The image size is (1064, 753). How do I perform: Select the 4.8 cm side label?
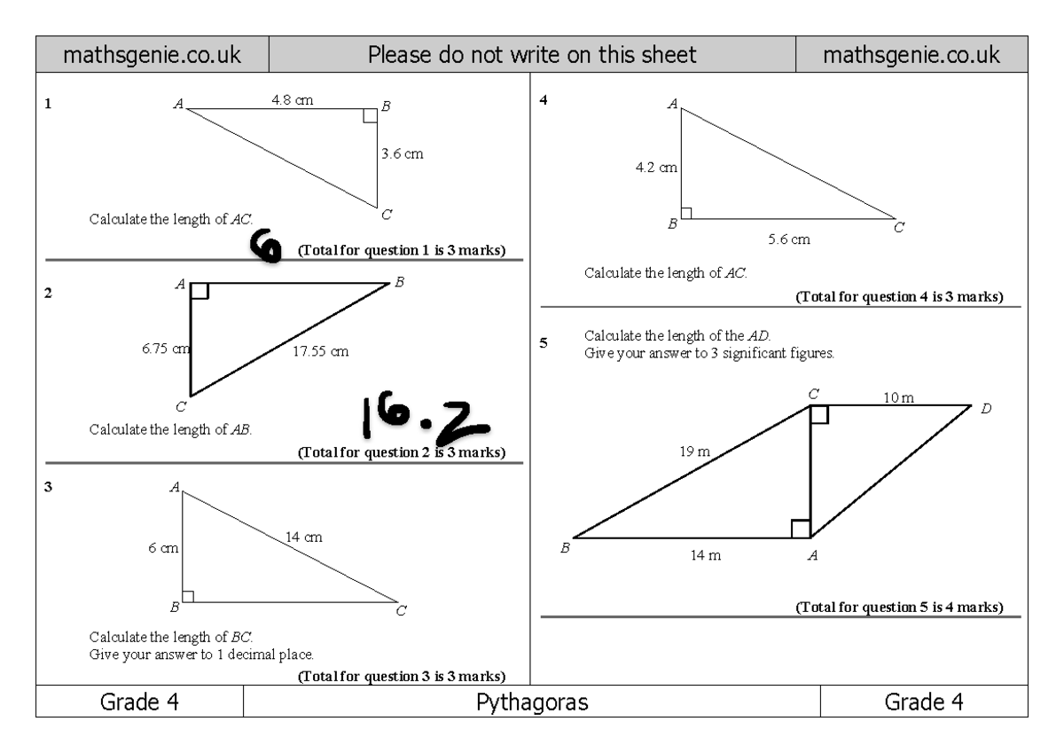(x=292, y=100)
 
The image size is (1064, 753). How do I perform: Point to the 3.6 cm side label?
(x=402, y=153)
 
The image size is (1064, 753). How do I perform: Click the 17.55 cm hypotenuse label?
(x=320, y=351)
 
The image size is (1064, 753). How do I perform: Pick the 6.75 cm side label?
(x=166, y=349)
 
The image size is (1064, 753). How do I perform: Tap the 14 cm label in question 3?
(x=303, y=537)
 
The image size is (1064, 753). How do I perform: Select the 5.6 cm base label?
(x=788, y=239)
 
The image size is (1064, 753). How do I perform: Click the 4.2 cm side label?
(x=656, y=167)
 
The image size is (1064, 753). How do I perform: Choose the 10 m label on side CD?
(x=898, y=397)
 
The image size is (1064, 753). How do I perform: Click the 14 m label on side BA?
(x=705, y=556)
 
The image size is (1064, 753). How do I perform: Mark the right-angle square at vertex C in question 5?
(x=819, y=414)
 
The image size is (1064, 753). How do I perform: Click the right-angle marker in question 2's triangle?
(x=199, y=291)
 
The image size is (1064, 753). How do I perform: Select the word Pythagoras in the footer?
(x=532, y=702)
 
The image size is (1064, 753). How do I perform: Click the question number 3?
(x=49, y=485)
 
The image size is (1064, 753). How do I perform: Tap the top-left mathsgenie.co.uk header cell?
(x=152, y=55)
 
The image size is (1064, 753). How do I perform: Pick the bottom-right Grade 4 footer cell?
(x=924, y=702)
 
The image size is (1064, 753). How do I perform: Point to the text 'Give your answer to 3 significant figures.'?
(x=709, y=352)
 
